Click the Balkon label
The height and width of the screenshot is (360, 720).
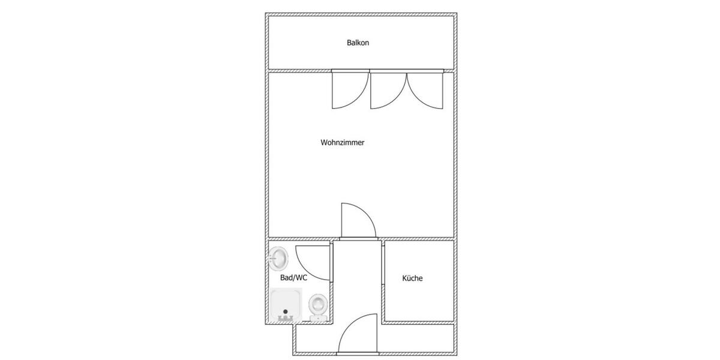tap(358, 43)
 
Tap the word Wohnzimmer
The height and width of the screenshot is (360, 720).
tap(343, 143)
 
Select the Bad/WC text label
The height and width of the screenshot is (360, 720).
tap(293, 278)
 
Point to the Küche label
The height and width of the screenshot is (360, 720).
tap(412, 278)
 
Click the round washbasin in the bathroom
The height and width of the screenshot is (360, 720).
tap(279, 259)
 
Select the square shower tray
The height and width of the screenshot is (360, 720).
tap(286, 305)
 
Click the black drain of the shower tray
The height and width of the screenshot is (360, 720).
tap(286, 312)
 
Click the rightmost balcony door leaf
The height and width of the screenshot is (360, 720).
tap(425, 90)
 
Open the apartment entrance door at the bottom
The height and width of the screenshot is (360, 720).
tap(358, 335)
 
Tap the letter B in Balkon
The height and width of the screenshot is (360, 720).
tap(349, 43)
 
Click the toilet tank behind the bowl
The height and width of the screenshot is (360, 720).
tap(317, 317)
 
